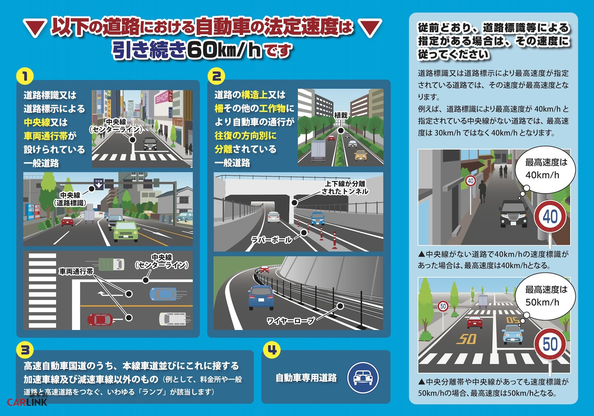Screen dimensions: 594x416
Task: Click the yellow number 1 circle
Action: pos(25,77)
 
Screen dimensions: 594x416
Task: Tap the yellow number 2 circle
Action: pos(216,76)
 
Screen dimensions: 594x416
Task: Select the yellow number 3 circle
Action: pos(25,350)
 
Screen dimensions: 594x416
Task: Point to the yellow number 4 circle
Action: pos(272,350)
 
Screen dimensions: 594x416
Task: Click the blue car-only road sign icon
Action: pos(363,377)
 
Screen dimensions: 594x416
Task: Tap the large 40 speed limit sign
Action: pos(550,217)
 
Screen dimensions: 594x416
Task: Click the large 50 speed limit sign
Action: pos(550,344)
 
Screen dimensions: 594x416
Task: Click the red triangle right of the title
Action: pos(370,28)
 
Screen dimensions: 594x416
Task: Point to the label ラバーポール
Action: pos(272,240)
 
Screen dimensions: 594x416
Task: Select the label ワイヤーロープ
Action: pos(291,321)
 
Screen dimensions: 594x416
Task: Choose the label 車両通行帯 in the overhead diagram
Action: pos(76,271)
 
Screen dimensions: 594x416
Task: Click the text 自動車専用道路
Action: pos(306,378)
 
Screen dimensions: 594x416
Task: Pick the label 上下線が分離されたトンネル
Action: pos(345,187)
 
